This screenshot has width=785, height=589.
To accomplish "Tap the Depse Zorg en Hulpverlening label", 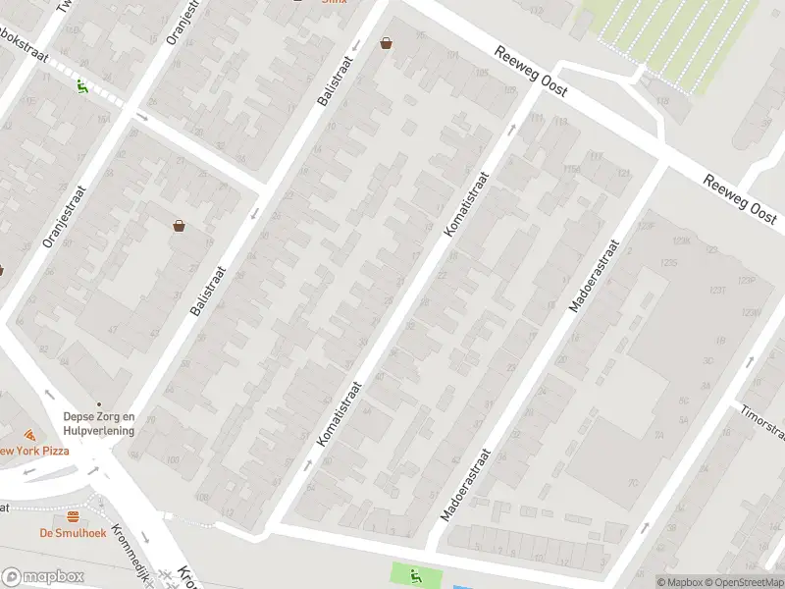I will click(x=98, y=423).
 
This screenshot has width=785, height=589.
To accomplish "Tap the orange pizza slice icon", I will click(x=30, y=434).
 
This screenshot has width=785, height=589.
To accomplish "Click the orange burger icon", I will click(x=72, y=517).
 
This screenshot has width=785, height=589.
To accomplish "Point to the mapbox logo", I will click(x=42, y=577).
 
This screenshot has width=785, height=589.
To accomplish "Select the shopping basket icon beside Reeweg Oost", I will click(x=387, y=43).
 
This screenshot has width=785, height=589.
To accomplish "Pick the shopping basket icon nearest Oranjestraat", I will click(x=180, y=225).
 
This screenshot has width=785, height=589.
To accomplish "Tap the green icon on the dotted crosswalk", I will click(x=82, y=85).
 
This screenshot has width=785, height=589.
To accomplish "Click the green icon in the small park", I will click(x=416, y=575).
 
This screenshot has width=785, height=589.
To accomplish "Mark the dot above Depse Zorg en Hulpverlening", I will click(x=98, y=402).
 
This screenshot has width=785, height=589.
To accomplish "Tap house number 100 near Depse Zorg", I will click(x=174, y=459).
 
